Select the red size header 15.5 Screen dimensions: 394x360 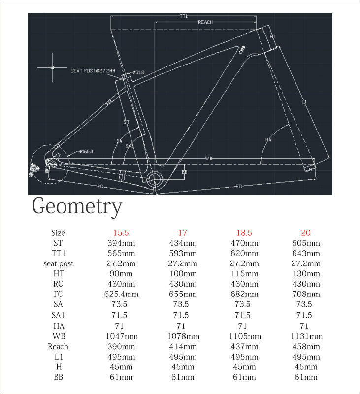(x=121, y=232)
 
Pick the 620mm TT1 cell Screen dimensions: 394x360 (x=244, y=253)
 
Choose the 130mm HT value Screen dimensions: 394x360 (x=306, y=274)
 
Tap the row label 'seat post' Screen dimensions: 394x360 (x=58, y=263)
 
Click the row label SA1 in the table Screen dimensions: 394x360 (x=58, y=315)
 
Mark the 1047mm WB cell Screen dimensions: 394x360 (x=121, y=336)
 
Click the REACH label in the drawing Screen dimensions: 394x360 (x=205, y=22)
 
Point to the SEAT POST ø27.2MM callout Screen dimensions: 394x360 (x=93, y=71)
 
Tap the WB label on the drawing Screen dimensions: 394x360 (x=209, y=158)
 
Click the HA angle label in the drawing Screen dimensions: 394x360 (x=268, y=140)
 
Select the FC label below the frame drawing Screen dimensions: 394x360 (x=239, y=186)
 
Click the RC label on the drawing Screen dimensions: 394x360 (x=99, y=186)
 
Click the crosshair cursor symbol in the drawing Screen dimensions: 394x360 (x=52, y=66)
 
